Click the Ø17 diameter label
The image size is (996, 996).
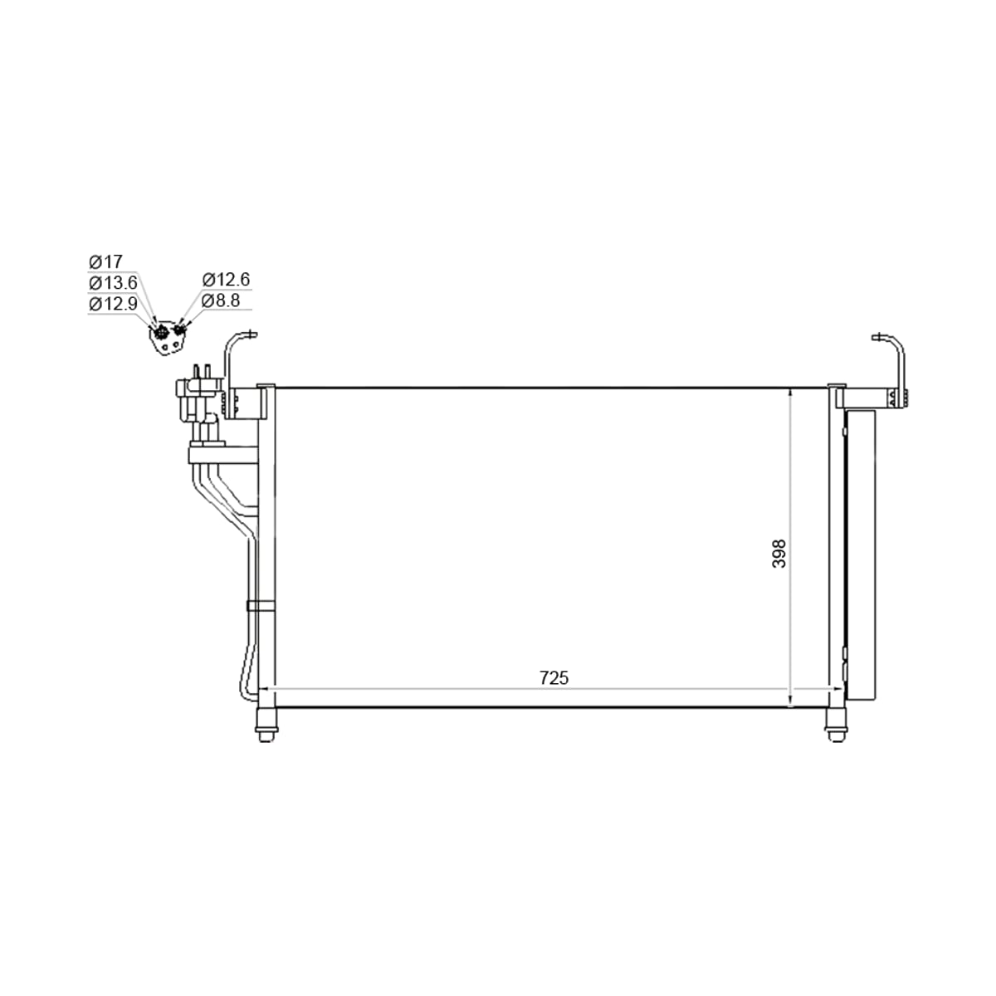[105, 262]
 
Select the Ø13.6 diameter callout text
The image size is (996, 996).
[113, 283]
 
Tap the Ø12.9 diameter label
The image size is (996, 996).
[113, 304]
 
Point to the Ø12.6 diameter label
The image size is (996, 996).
[227, 280]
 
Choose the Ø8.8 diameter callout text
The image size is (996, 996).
[222, 300]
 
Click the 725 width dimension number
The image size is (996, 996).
[554, 677]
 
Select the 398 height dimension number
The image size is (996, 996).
[779, 554]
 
